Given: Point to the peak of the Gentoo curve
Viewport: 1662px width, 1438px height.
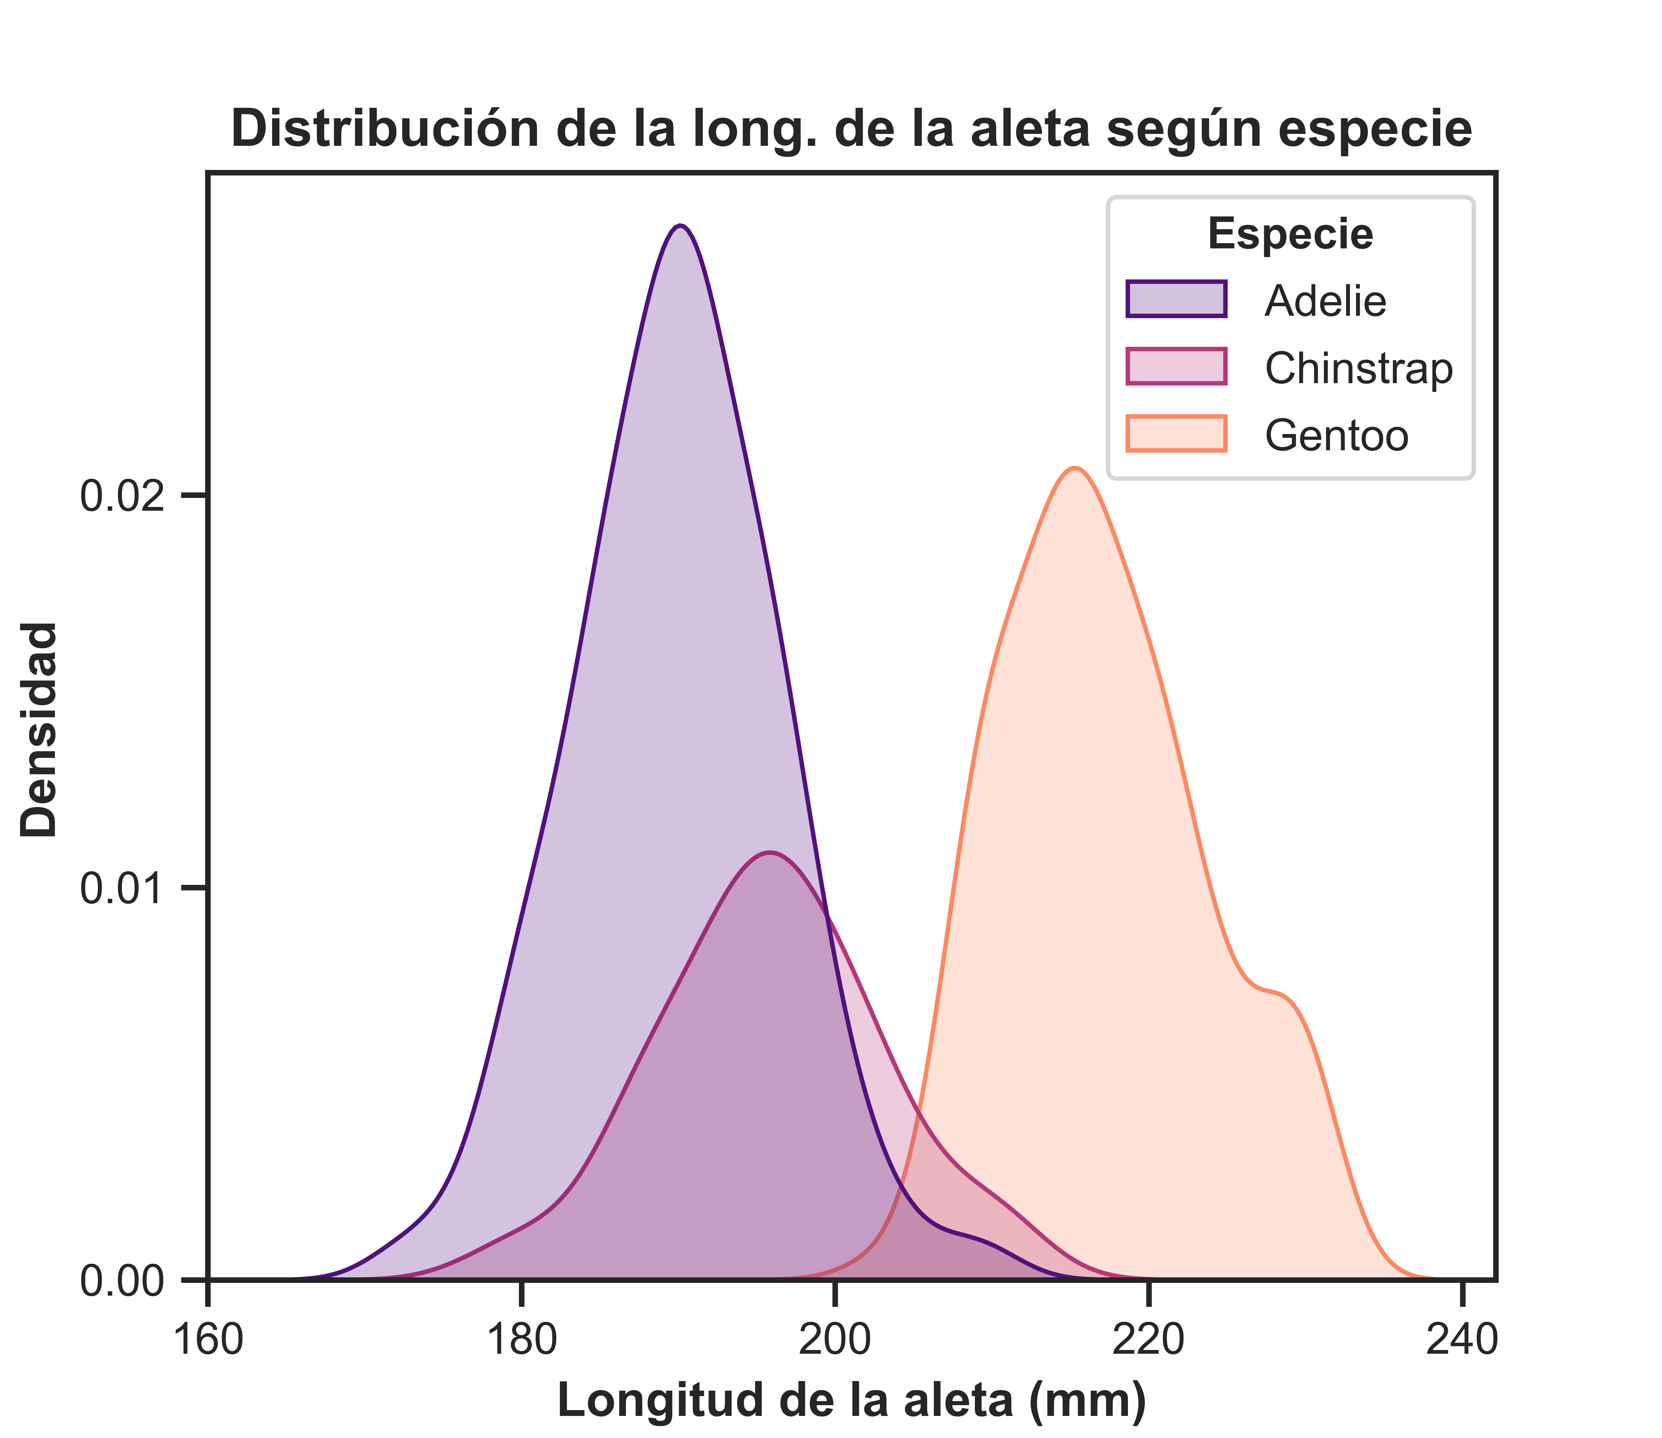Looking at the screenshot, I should tap(1074, 468).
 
